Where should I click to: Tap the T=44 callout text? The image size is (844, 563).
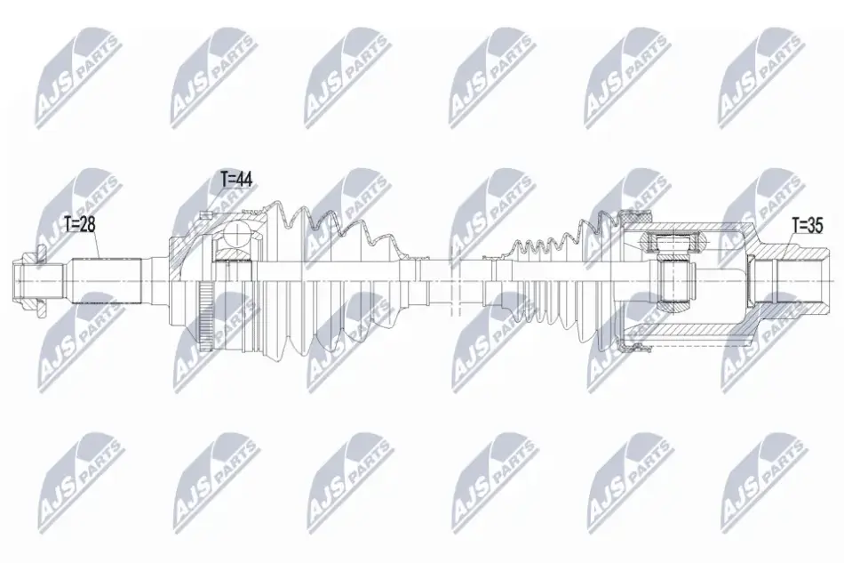tap(236, 179)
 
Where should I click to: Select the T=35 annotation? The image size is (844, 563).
tap(808, 225)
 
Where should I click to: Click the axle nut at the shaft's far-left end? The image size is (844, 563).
tap(31, 282)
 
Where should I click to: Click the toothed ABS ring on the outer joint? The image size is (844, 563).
tap(204, 317)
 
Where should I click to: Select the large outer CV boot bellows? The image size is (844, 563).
tap(334, 281)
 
